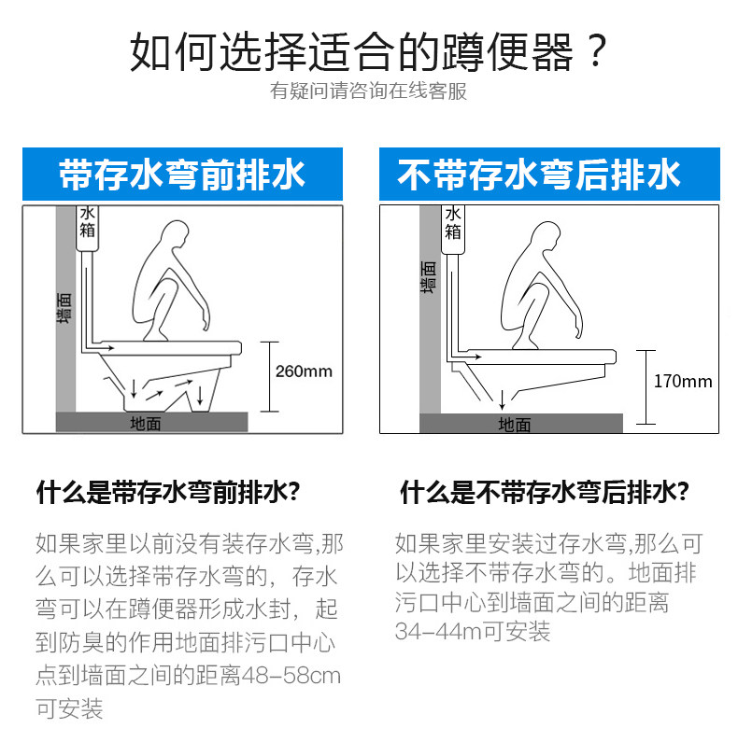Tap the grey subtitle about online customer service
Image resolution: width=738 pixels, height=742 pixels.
[x=368, y=91]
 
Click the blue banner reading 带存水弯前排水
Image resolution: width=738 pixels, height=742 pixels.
[x=182, y=175]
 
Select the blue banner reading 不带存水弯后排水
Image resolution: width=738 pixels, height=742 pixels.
[x=549, y=175]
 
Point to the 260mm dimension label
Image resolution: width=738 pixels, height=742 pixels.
[x=304, y=371]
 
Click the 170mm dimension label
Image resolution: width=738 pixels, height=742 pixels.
[x=683, y=382]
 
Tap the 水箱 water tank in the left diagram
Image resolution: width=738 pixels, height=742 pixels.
[x=87, y=228]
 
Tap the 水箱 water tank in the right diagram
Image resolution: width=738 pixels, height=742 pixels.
[x=453, y=230]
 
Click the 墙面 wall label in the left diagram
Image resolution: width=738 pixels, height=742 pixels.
[x=64, y=308]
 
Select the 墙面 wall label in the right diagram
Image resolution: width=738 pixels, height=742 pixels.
[x=428, y=277]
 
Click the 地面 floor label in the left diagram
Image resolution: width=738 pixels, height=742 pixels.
[x=146, y=423]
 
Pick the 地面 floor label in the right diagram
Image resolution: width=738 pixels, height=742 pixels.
[x=515, y=425]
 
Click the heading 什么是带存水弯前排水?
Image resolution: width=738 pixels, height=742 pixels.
[x=168, y=493]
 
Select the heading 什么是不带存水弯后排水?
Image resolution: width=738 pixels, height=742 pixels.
[x=545, y=492]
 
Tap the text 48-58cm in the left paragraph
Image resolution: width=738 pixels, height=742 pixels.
[x=291, y=676]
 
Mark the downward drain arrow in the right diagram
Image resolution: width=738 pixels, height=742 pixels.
[x=502, y=399]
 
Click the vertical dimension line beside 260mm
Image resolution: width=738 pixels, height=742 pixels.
[x=270, y=377]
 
